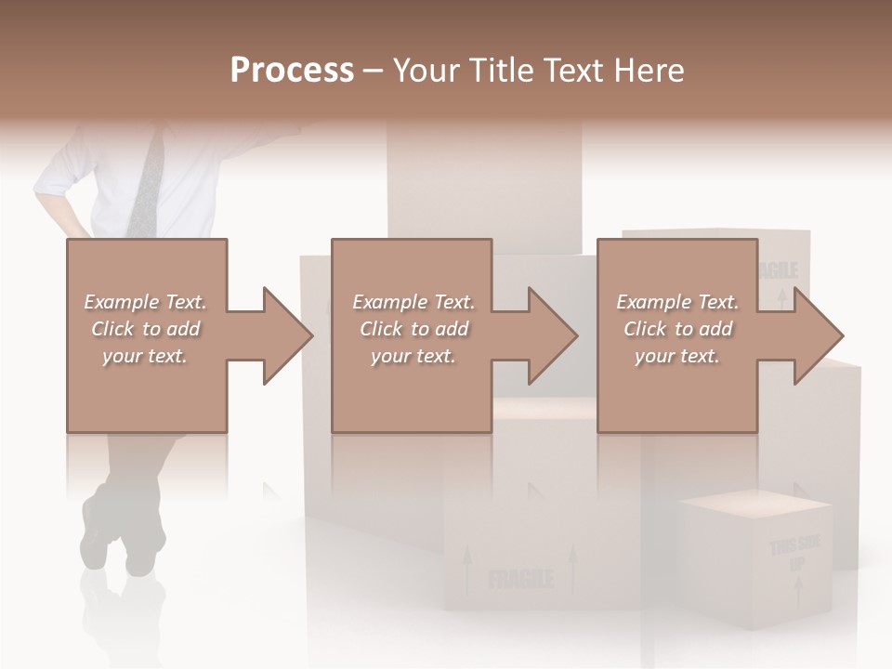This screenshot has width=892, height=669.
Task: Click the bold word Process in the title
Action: (292, 71)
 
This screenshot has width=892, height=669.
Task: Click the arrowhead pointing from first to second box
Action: (287, 335)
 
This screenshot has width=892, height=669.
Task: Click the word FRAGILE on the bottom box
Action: (520, 581)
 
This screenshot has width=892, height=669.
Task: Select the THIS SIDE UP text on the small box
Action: (794, 552)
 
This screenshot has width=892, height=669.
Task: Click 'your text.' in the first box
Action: (145, 356)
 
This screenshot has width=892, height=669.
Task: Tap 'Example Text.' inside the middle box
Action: (413, 302)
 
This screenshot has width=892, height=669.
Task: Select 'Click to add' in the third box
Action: (676, 329)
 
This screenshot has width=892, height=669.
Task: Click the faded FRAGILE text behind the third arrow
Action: (778, 270)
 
